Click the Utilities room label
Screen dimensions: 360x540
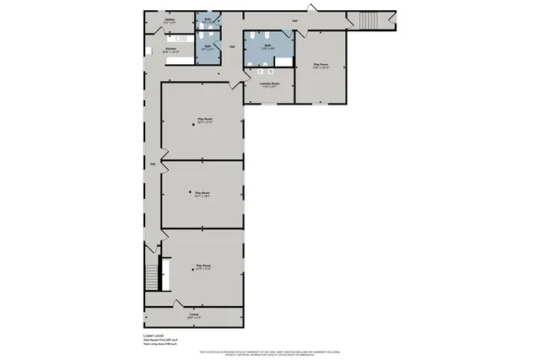169,19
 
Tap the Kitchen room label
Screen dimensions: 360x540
170,49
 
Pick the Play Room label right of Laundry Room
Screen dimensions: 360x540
321,64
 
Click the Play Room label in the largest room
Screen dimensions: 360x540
204,120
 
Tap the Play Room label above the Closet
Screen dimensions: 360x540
203,265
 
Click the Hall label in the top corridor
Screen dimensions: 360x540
295,20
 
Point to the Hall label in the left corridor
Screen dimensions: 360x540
152,163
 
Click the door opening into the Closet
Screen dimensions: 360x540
175,304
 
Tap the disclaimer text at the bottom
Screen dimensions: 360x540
270,351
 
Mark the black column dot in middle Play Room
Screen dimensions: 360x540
189,193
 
